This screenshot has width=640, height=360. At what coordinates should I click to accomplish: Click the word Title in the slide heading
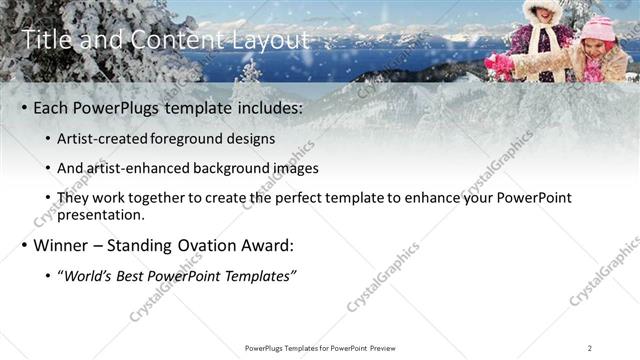45,40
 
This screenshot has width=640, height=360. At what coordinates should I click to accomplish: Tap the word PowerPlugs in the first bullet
117,107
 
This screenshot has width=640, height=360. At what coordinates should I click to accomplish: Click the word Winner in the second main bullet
61,245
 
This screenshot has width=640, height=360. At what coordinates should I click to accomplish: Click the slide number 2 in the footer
590,348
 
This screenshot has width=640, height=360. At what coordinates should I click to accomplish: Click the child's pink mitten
496,62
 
